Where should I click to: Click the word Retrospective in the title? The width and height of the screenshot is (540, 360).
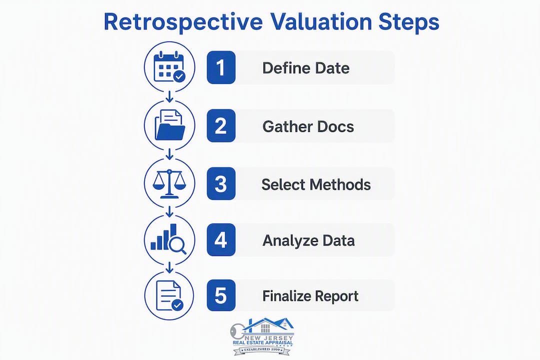(x=183, y=22)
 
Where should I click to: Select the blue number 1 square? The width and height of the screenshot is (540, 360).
(x=221, y=67)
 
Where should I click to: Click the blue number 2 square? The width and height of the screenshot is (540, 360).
(x=221, y=125)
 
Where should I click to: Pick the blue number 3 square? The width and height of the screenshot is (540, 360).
(x=221, y=183)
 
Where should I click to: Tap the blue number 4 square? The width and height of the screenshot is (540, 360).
(x=221, y=240)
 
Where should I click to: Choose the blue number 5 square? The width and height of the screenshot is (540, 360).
(x=221, y=295)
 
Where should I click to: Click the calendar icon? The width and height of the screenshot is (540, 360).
(x=169, y=67)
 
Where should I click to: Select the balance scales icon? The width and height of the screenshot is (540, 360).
(x=169, y=183)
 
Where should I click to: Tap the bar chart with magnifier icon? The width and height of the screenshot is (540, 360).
(x=168, y=239)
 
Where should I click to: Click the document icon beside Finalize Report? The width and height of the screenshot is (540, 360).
(x=169, y=295)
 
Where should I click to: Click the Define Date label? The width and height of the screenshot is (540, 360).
(x=306, y=68)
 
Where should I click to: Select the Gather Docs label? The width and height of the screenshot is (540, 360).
(x=308, y=126)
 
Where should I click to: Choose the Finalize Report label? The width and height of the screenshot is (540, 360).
(x=310, y=296)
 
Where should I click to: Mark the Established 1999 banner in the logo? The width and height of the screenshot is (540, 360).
(x=262, y=350)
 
